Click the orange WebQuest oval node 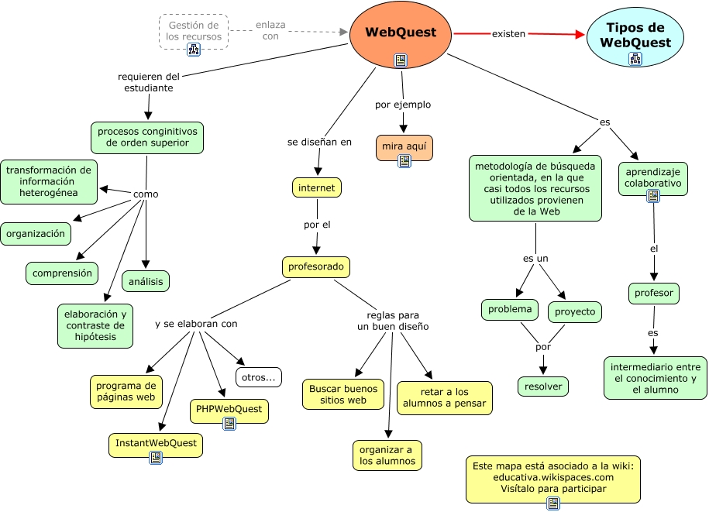[400, 33]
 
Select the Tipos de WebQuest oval [635, 36]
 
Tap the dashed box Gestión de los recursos [194, 31]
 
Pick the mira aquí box [404, 146]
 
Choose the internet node [317, 187]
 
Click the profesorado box [315, 267]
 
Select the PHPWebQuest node [229, 409]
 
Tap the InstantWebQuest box [156, 445]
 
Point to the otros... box [259, 377]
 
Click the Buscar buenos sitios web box [343, 394]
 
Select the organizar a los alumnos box [387, 455]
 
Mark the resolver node [543, 386]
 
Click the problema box [510, 310]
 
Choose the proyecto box [575, 311]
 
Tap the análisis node [146, 282]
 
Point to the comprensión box [62, 273]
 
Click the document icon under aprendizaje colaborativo [653, 196]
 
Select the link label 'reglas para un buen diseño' [393, 321]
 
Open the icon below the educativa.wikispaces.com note [553, 503]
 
